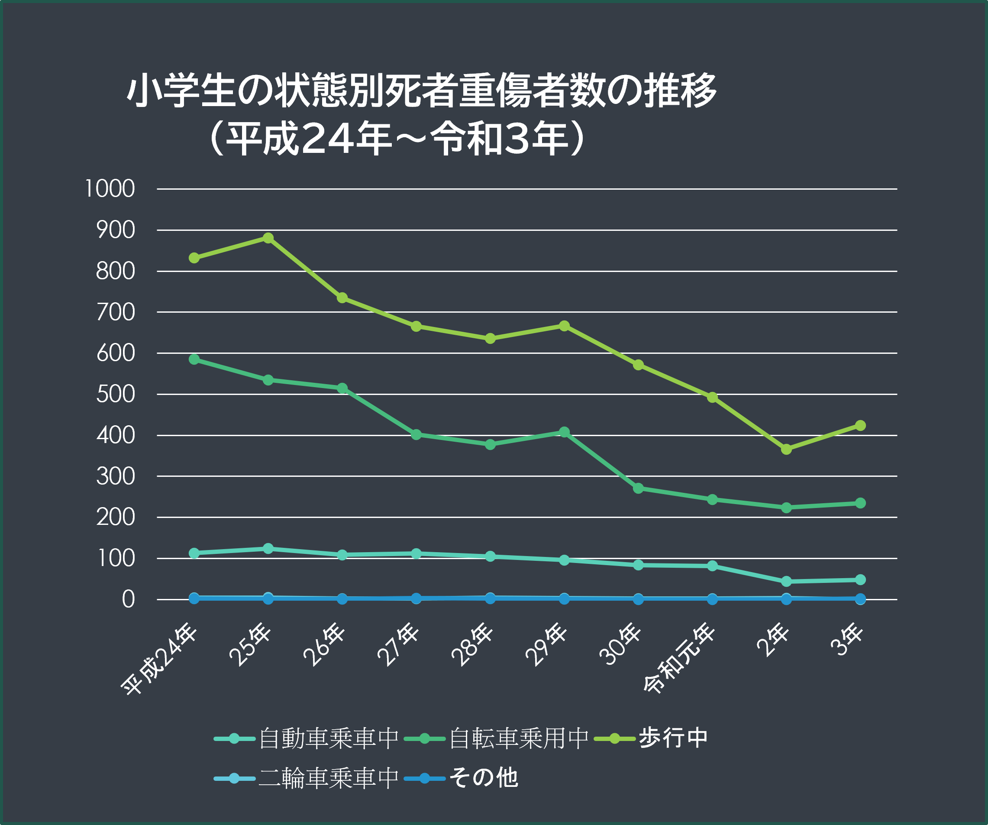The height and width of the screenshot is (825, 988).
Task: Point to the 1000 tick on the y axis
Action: [110, 189]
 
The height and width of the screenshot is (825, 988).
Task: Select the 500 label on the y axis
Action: [115, 395]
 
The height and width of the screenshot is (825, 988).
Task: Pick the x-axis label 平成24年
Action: [159, 659]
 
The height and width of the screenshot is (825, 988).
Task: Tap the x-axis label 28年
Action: [472, 644]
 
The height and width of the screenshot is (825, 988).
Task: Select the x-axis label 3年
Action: [847, 640]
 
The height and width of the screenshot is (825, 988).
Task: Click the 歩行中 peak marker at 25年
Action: [268, 238]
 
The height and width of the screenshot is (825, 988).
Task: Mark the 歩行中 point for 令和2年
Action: [786, 450]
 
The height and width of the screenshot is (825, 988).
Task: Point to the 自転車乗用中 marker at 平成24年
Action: [194, 359]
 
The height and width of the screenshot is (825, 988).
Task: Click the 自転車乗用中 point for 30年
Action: [638, 489]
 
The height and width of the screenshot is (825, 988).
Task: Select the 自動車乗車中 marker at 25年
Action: [268, 549]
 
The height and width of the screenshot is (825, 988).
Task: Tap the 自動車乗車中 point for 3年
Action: [860, 580]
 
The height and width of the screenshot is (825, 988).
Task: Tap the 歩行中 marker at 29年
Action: [564, 326]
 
